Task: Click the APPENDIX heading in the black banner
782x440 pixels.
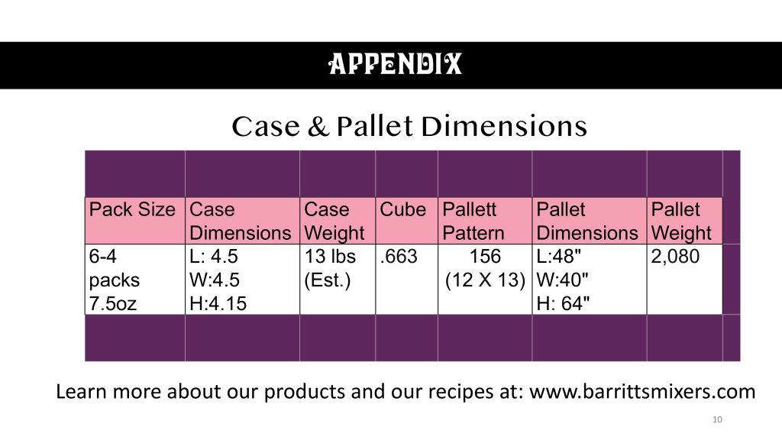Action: click(x=395, y=64)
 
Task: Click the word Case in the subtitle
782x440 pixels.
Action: click(x=266, y=126)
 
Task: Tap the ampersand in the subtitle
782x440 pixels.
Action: click(x=318, y=126)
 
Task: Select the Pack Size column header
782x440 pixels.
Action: click(x=132, y=209)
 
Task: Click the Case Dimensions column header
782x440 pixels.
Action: click(x=240, y=221)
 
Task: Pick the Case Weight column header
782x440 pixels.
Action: click(x=334, y=221)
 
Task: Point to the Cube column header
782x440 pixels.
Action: click(x=403, y=209)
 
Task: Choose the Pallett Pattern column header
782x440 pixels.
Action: click(x=473, y=221)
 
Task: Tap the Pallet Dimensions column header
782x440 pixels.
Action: click(x=587, y=221)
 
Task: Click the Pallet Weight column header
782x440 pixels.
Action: click(x=681, y=221)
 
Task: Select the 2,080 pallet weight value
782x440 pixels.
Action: click(x=675, y=257)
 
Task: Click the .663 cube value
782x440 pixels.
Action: click(x=399, y=257)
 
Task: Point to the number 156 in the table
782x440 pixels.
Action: click(x=485, y=257)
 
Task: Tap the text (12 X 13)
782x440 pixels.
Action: click(x=485, y=280)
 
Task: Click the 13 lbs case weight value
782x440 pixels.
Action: click(x=330, y=257)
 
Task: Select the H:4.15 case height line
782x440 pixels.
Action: click(x=218, y=303)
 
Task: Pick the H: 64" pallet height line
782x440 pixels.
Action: click(x=563, y=303)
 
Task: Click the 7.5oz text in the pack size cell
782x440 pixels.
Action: click(x=113, y=303)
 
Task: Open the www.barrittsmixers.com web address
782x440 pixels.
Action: click(x=642, y=392)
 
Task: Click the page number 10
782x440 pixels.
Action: click(x=717, y=419)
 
